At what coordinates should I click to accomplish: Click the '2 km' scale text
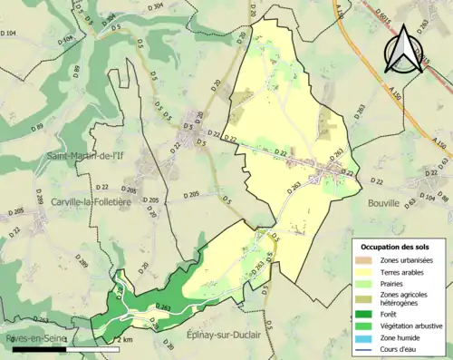coord(125,339)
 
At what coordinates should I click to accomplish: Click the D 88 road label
coord(443,195)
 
